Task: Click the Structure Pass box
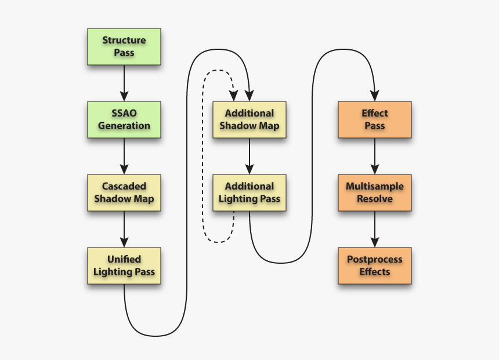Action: (x=124, y=47)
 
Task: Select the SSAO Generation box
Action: (x=124, y=120)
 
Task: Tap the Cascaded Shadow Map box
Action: (x=124, y=193)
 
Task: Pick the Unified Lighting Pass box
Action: (x=124, y=266)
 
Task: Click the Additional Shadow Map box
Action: (x=249, y=120)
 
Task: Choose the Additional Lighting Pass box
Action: (x=249, y=193)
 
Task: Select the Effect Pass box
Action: (x=374, y=120)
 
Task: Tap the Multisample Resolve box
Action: (x=374, y=193)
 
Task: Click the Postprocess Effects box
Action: (x=374, y=266)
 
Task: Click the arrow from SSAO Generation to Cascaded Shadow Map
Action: (x=124, y=156)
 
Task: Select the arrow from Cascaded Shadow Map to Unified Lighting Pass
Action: (x=124, y=229)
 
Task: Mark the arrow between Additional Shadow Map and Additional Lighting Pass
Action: (x=249, y=156)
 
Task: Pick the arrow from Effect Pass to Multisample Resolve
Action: (x=374, y=156)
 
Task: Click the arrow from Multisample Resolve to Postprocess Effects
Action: (x=374, y=229)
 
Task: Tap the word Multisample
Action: (x=374, y=187)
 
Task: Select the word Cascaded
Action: (x=124, y=187)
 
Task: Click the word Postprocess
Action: (x=374, y=260)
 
